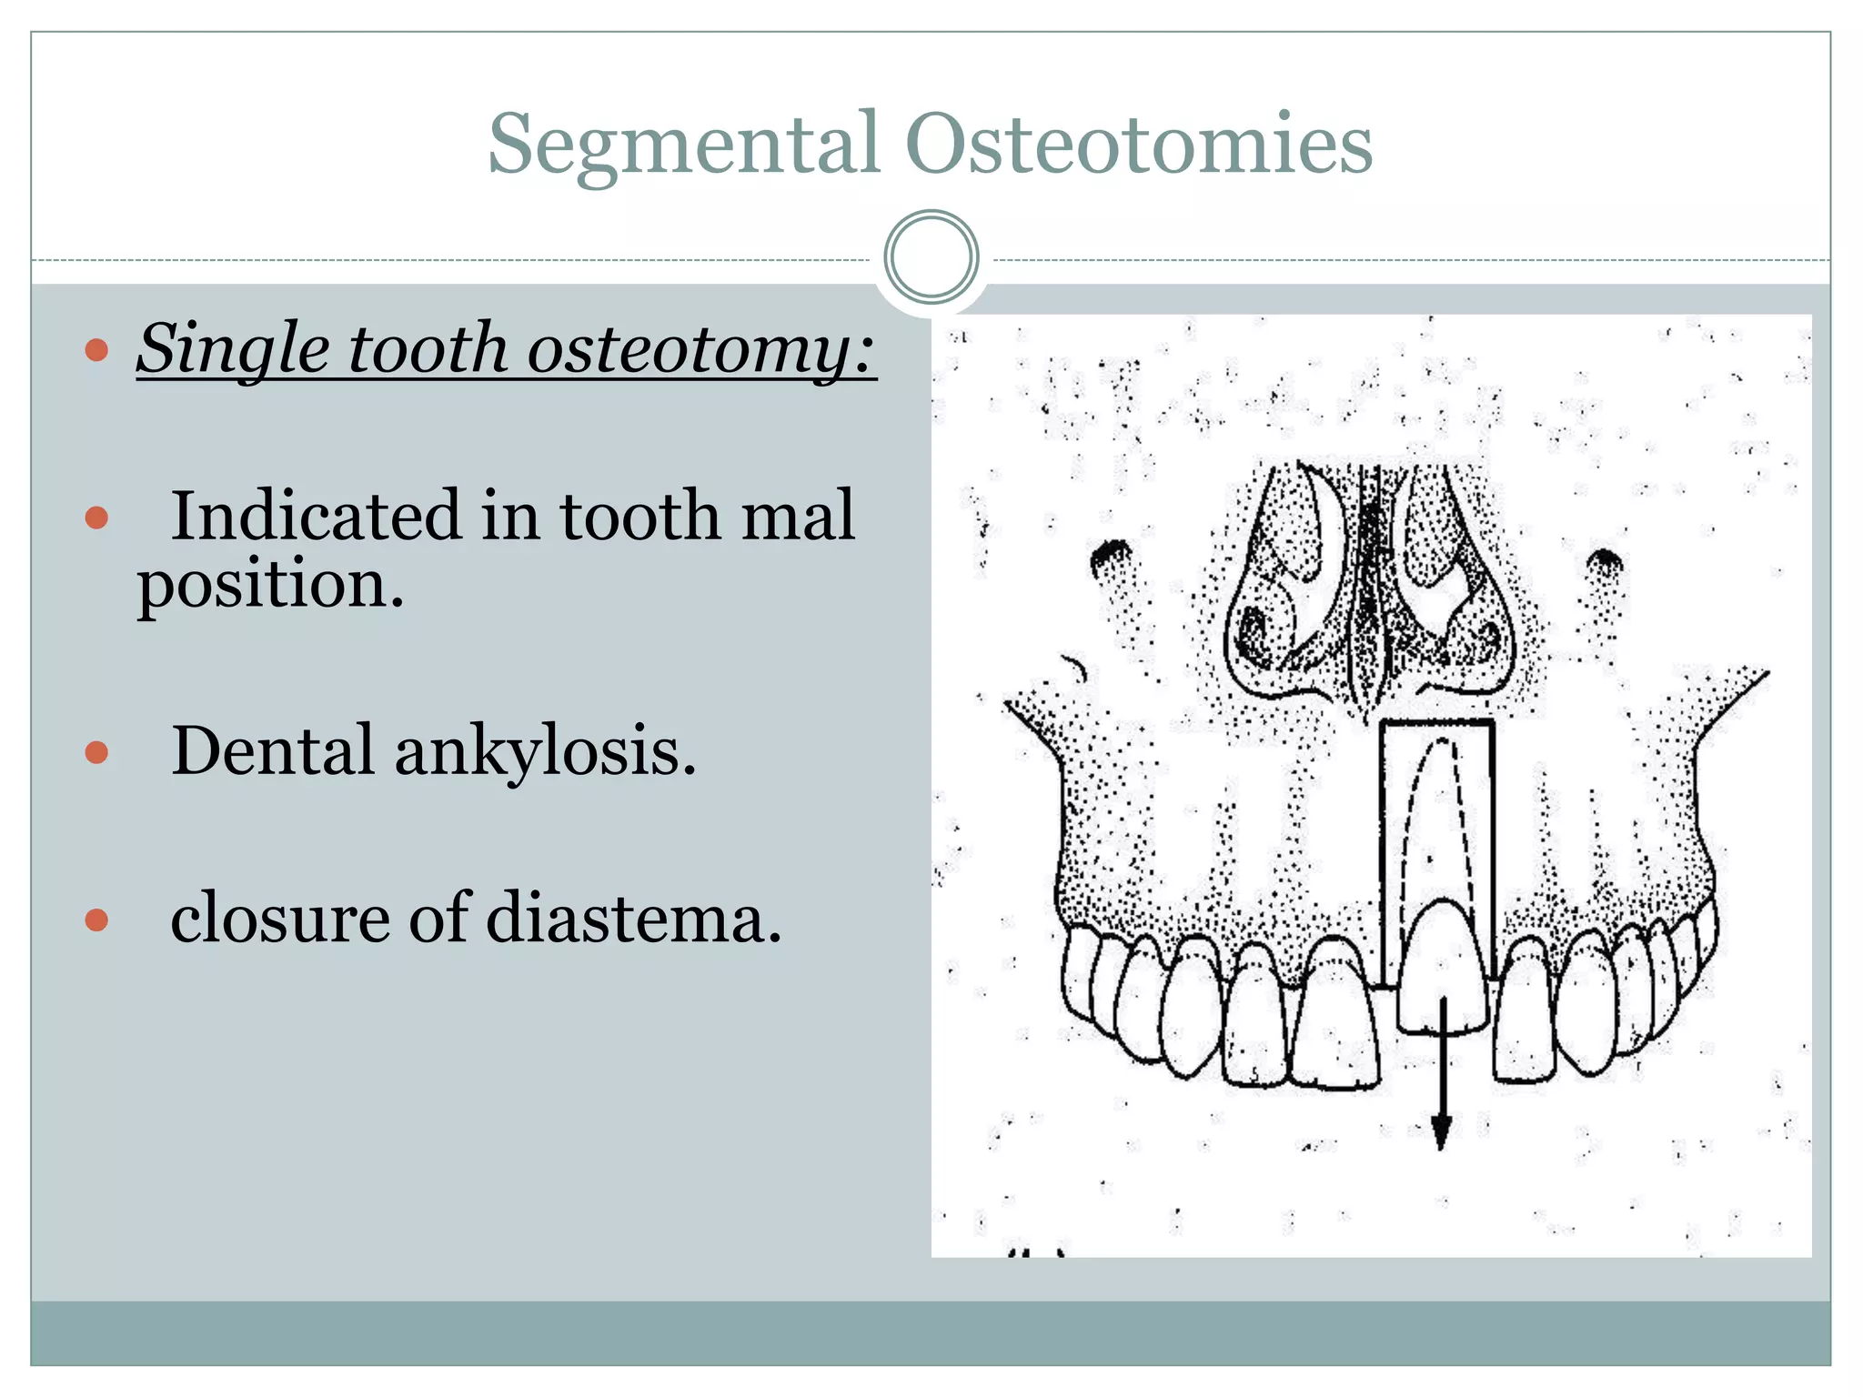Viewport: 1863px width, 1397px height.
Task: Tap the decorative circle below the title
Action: pyautogui.click(x=931, y=257)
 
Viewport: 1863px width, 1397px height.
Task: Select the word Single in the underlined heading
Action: pyautogui.click(x=233, y=349)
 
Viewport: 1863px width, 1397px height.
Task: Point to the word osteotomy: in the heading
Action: pyautogui.click(x=700, y=349)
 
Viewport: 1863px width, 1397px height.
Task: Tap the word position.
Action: pyautogui.click(x=270, y=584)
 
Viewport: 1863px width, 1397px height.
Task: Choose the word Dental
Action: pyautogui.click(x=272, y=751)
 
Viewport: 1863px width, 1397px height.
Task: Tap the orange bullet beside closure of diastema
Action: pyautogui.click(x=96, y=920)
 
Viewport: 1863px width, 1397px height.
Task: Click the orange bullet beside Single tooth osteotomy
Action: pyautogui.click(x=96, y=350)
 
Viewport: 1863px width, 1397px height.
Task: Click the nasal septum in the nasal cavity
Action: pyautogui.click(x=1370, y=591)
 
